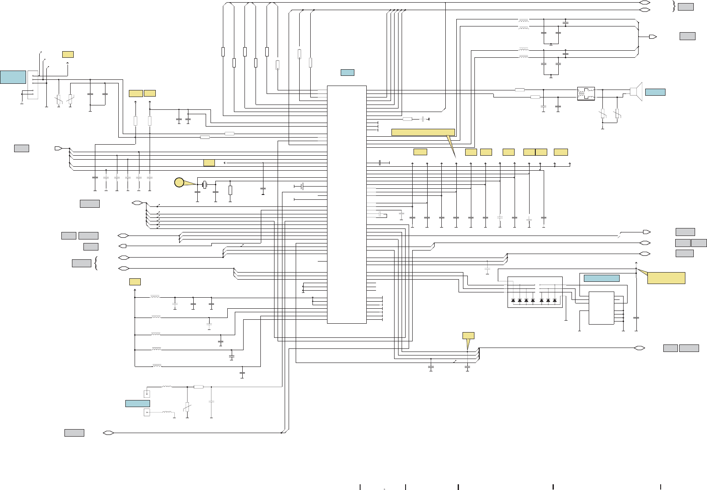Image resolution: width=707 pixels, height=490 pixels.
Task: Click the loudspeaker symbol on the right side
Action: pos(636,91)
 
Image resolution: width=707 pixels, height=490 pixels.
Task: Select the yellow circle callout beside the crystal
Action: pos(179,182)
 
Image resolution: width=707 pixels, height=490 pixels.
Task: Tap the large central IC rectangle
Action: pos(347,204)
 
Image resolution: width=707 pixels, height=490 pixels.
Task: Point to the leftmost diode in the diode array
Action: pos(513,301)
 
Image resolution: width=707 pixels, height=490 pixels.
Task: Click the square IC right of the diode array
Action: pos(601,308)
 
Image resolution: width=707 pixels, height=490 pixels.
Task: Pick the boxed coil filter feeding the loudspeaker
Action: pos(586,94)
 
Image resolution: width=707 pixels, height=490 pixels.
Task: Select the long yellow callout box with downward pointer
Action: pos(423,132)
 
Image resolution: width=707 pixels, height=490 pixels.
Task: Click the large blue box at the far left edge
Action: pos(13,77)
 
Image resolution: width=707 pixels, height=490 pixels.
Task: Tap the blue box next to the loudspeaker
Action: pos(655,92)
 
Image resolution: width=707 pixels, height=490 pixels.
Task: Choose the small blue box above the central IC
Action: pos(347,72)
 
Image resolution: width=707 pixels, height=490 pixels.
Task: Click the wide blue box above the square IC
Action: pos(602,278)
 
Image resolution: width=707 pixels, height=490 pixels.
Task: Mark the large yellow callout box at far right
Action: pos(666,278)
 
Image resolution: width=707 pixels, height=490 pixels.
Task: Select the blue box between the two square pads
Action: pos(137,403)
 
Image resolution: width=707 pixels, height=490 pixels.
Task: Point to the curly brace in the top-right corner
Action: pos(673,6)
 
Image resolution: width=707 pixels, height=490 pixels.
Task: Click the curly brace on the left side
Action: pos(96,263)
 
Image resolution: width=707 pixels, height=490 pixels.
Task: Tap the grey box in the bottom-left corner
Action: pos(74,433)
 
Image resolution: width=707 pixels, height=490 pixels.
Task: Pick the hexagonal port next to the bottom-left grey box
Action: pos(109,433)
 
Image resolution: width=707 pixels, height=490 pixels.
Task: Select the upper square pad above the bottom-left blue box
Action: pos(147,394)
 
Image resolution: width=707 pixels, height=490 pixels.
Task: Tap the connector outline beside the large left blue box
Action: pos(33,85)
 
